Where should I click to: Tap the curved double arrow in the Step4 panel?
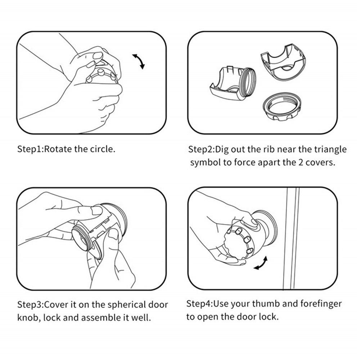(x=261, y=263)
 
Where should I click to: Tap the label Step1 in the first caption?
(x=30, y=149)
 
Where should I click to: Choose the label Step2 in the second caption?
(x=201, y=149)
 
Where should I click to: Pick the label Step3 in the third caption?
(x=30, y=305)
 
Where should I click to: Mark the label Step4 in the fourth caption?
(x=199, y=304)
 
